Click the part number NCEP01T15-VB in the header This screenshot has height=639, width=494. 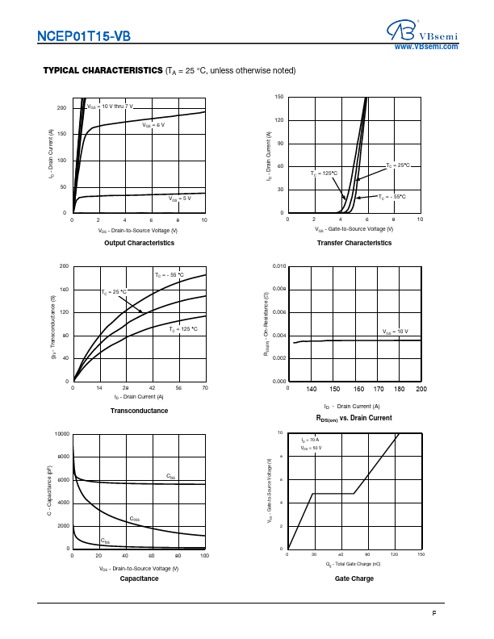83,35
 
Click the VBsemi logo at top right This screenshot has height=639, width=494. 421,30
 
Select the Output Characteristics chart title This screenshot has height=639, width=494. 138,243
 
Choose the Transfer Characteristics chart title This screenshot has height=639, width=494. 354,243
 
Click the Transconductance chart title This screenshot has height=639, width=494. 139,411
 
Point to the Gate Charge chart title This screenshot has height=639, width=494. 354,578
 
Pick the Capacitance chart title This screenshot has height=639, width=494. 139,578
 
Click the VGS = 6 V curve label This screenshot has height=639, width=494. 154,125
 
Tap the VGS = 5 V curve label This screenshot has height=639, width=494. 179,198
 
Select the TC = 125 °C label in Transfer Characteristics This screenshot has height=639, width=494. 324,173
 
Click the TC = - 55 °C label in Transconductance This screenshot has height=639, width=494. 170,276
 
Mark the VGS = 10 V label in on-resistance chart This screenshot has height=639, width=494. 396,332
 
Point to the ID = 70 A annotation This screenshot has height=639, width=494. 311,440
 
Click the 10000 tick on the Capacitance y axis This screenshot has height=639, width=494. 61,434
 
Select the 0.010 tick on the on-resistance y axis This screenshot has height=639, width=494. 278,266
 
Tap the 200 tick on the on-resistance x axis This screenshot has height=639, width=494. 421,390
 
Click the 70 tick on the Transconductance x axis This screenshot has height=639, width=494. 205,388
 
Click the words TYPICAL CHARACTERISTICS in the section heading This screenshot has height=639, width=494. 103,71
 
